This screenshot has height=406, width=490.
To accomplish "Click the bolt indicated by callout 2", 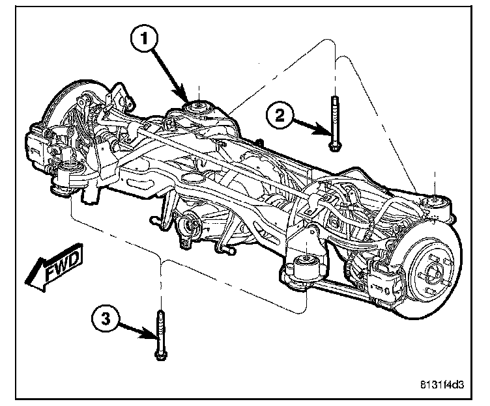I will pyautogui.click(x=334, y=124).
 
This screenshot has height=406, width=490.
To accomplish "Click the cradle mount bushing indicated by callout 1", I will pyautogui.click(x=195, y=108).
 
